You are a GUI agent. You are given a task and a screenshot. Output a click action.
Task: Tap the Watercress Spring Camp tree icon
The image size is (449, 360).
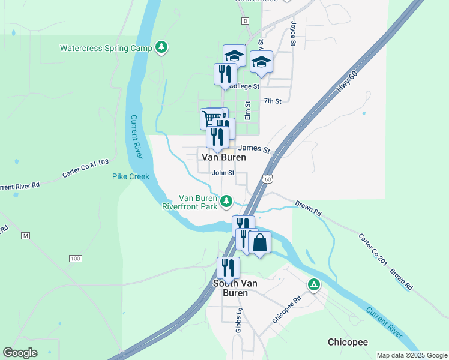coord(161,47)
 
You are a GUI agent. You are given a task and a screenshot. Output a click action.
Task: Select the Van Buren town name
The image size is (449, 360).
coord(223,157)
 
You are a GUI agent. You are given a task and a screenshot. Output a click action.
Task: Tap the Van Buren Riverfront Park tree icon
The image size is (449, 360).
coord(226,201)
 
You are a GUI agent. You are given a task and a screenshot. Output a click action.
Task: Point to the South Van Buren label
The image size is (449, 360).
coord(231,288)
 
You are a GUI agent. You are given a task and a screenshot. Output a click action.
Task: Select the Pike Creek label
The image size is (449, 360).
coord(130,176)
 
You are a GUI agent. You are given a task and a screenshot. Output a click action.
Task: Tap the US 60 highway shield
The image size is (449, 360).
coord(268,179)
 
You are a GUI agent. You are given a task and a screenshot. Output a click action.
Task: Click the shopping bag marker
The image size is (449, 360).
coord(259,242)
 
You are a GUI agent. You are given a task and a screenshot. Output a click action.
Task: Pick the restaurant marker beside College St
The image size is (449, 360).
coord(225,74)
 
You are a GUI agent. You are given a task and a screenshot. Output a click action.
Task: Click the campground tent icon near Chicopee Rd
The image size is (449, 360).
coord(313,284)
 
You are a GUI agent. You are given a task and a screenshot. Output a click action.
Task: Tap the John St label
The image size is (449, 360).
coord(221,173)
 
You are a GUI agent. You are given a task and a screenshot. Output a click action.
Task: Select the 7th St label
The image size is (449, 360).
coord(273,101)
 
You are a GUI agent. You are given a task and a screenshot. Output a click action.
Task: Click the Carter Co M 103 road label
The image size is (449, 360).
coord(86,170)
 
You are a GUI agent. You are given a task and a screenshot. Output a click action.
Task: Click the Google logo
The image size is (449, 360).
coord(20,353)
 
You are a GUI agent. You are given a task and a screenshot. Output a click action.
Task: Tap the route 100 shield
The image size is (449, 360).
coord(75,259)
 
